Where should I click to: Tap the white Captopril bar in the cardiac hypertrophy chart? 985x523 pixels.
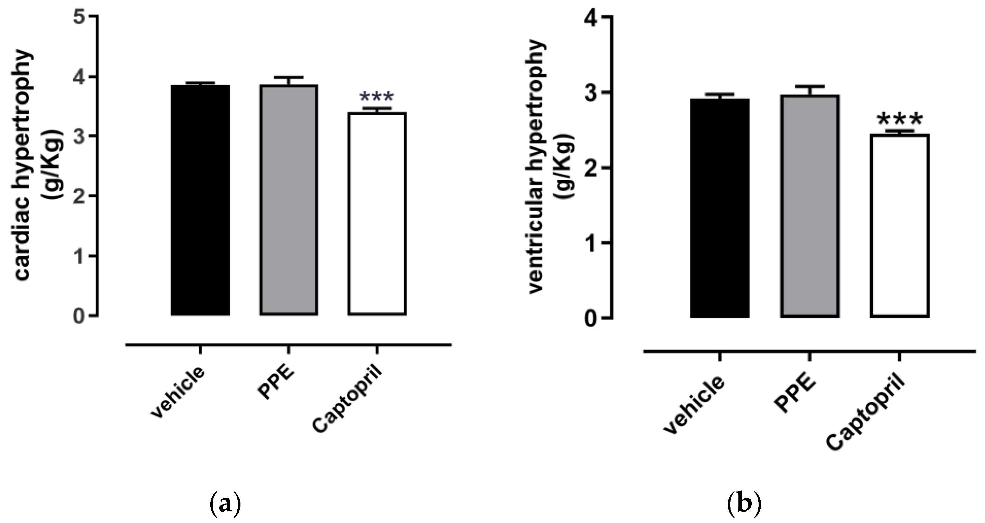[377, 214]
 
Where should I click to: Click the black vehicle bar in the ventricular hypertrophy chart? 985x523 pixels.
[720, 208]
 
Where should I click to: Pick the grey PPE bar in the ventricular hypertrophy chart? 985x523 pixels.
[810, 206]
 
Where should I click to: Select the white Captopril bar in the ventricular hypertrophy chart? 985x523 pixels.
[899, 226]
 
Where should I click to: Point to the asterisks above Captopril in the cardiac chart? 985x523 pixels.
[377, 98]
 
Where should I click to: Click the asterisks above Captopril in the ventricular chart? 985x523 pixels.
[899, 119]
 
